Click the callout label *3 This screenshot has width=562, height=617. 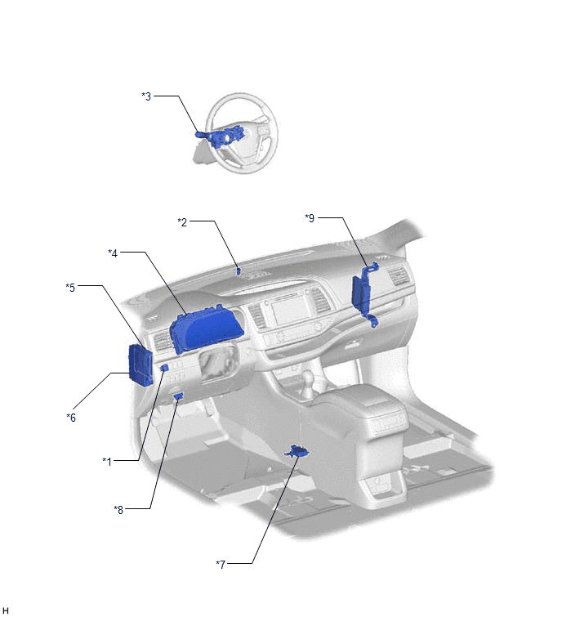146,96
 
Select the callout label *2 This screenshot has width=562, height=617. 182,222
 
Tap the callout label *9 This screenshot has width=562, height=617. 310,218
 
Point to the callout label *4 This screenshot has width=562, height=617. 113,253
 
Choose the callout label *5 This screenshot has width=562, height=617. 70,288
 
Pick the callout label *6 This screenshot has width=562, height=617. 71,418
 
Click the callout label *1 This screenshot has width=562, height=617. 107,462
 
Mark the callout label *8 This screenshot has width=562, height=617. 118,510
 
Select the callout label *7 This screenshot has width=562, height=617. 221,565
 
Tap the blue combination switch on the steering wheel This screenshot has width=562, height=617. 221,136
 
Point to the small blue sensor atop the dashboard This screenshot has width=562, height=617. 239,271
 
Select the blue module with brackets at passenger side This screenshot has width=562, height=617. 363,294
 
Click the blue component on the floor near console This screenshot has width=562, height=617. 297,452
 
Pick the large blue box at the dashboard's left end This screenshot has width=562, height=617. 140,364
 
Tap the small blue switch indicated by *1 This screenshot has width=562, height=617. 165,368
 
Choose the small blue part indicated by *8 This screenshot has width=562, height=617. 179,396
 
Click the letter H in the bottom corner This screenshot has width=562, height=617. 5,610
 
